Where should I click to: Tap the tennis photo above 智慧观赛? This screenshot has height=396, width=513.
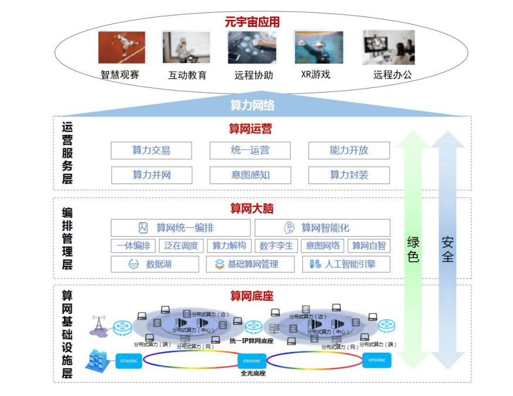click(x=121, y=47)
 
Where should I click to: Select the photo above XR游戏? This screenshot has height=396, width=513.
click(x=318, y=47)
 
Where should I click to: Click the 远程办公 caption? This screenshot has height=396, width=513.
click(x=392, y=75)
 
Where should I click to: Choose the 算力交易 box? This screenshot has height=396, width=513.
click(x=151, y=151)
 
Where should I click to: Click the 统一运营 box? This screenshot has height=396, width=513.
click(x=250, y=151)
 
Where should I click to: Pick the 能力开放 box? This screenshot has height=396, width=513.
click(x=349, y=151)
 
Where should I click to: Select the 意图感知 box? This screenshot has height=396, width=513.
click(x=250, y=175)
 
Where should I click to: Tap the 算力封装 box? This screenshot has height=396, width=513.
click(x=349, y=175)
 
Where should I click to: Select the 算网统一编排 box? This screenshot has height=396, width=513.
click(x=180, y=228)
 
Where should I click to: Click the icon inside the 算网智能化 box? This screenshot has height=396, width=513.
click(x=289, y=228)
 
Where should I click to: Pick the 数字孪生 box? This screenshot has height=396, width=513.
click(x=276, y=246)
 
